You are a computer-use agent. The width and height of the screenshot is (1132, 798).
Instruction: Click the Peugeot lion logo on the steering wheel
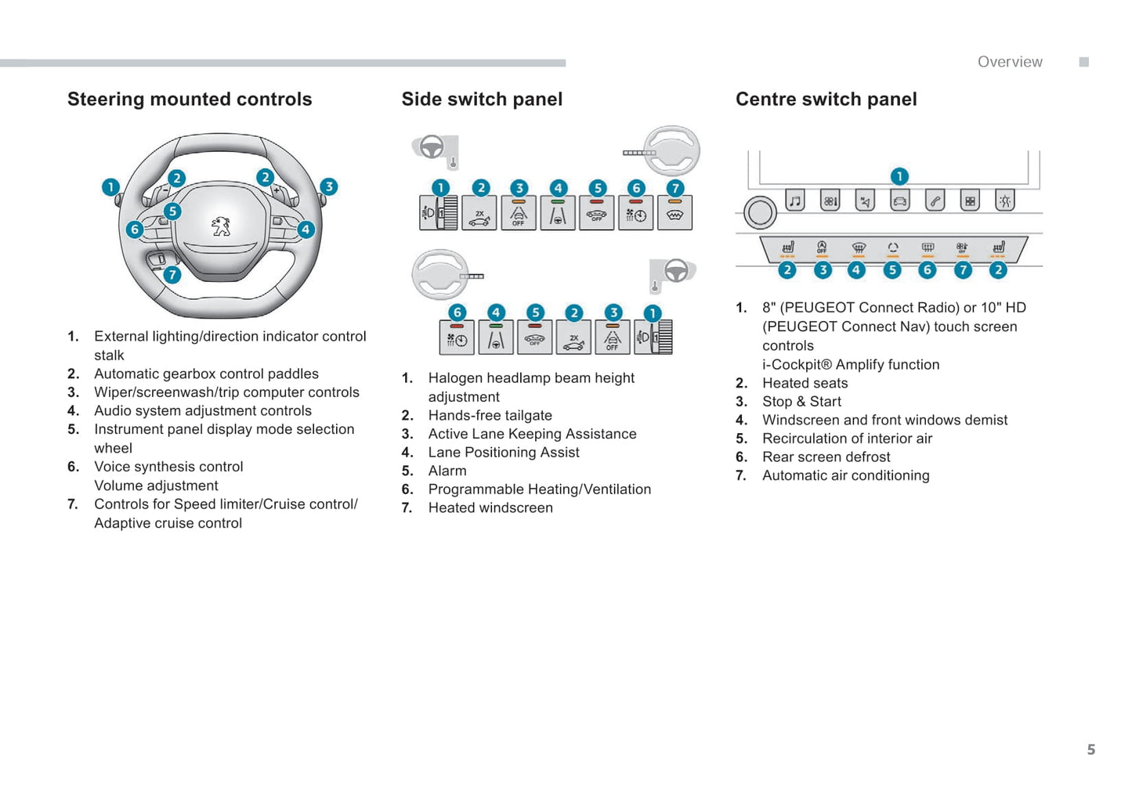(221, 226)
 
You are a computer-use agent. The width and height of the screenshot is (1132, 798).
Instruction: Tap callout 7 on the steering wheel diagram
(172, 275)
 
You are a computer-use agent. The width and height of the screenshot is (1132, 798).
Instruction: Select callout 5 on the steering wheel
(172, 211)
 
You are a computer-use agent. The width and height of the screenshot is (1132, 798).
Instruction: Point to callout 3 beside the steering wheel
(329, 186)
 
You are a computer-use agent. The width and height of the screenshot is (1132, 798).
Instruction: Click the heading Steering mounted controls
(190, 99)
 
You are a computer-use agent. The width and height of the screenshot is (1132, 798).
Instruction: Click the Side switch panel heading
(482, 99)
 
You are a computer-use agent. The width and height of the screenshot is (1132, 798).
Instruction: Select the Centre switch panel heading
(826, 99)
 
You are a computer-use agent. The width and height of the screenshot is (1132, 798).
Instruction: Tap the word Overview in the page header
(1010, 62)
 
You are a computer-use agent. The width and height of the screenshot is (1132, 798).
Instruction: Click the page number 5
(1090, 749)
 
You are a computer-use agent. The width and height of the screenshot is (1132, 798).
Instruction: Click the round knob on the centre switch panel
(759, 212)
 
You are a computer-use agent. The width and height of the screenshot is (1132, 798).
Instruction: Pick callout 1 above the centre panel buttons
(899, 176)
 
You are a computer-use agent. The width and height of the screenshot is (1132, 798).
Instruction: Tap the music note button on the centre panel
(795, 201)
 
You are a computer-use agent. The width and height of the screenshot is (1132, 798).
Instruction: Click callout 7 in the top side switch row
(675, 188)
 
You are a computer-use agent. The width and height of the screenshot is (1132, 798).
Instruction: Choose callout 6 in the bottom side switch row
(458, 312)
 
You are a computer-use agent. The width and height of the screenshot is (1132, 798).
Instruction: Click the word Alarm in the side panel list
(447, 471)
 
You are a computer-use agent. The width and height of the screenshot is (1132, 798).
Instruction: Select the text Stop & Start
(801, 402)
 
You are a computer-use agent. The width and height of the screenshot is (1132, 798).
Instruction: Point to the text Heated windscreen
(490, 507)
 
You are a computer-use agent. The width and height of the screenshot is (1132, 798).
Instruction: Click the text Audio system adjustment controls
(203, 410)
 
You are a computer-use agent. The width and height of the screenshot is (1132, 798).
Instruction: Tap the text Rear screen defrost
(826, 457)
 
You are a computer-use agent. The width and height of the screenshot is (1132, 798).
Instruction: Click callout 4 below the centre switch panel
(856, 270)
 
